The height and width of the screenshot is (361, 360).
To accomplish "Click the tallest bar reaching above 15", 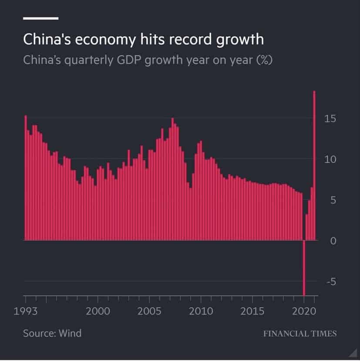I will [314, 165].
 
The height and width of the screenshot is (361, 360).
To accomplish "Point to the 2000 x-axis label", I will [98, 312].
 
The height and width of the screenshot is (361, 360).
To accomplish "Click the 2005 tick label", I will [149, 312].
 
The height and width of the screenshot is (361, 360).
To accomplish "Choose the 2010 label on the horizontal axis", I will [201, 312].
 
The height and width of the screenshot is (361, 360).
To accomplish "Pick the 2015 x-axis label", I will [252, 312].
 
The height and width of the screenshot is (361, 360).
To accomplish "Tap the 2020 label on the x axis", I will [304, 312].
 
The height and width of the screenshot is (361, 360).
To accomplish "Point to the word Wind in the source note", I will [70, 334].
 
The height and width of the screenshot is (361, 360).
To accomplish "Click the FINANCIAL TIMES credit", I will [299, 334].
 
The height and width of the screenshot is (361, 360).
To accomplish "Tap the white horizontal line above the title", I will [40, 18].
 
